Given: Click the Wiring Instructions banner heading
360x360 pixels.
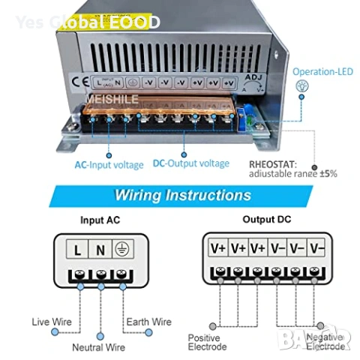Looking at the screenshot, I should tap(182, 196).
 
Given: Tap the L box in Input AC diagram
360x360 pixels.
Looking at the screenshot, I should tap(77, 248).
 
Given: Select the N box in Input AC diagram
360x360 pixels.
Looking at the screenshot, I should tap(100, 248).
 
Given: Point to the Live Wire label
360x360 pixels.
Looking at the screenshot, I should tap(52, 322).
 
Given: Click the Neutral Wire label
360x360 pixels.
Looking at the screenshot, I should tap(98, 347).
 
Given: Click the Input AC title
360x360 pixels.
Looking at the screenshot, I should tap(100, 220).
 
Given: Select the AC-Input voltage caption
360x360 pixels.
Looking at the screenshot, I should tap(109, 163).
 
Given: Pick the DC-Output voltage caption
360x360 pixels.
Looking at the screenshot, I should tap(191, 163).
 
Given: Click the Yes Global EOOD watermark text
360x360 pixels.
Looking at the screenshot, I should tap(87, 22).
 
